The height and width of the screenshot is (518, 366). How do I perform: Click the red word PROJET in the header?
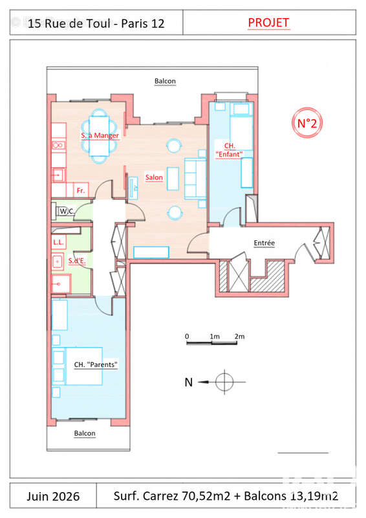tap(268, 23)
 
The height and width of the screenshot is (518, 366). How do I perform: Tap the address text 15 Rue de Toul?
tap(69, 23)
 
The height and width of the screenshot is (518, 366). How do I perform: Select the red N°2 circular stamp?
tap(307, 123)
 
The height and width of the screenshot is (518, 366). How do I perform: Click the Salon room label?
tap(154, 177)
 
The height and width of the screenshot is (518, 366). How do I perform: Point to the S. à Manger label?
tap(100, 135)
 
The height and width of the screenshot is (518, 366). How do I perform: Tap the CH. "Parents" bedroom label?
tap(96, 365)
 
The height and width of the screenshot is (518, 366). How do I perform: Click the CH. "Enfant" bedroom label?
tap(229, 150)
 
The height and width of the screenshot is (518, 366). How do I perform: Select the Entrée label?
tap(264, 243)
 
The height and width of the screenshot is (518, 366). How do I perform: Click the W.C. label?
tap(67, 211)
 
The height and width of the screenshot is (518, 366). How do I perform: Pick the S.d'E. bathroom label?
tap(77, 261)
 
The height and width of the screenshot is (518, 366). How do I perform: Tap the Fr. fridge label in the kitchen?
tap(81, 190)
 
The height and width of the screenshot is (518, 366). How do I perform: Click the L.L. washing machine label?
tap(58, 242)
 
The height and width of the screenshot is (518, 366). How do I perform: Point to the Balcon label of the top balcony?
tap(165, 81)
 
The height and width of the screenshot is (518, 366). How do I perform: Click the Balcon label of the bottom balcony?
tap(85, 433)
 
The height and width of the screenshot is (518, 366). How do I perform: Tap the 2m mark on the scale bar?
tap(240, 336)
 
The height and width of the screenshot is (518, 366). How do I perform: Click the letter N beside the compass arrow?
tap(188, 382)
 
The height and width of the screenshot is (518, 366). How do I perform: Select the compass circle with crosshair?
tap(224, 382)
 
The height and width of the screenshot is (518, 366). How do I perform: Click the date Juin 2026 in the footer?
tap(53, 496)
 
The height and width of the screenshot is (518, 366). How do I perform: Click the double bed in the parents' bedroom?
tap(84, 366)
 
